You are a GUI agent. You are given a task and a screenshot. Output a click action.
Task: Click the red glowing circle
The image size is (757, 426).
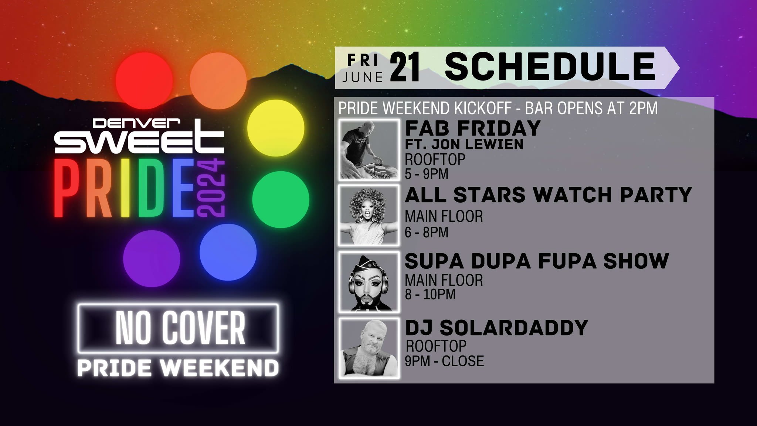click(x=142, y=80)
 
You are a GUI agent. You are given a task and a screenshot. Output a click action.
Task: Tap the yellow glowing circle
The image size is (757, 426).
click(x=275, y=128)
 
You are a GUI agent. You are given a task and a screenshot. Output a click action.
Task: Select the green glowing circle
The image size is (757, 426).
click(x=281, y=199)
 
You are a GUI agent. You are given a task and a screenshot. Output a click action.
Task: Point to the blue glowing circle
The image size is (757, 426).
click(x=228, y=252)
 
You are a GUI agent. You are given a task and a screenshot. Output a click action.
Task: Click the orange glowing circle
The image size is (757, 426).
click(x=218, y=80)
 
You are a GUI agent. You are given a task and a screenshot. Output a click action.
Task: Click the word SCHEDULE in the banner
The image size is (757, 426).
click(x=549, y=67)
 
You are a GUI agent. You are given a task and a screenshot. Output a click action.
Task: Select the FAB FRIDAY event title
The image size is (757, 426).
click(x=473, y=128)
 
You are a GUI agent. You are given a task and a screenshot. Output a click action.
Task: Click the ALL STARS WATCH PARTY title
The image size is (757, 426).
click(x=548, y=195)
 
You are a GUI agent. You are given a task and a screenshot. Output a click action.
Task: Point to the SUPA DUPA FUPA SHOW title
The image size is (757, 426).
click(x=537, y=261)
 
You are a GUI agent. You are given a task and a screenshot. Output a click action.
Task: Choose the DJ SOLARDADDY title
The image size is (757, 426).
click(x=496, y=327)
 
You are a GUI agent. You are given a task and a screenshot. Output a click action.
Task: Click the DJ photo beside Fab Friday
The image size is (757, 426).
click(x=369, y=150)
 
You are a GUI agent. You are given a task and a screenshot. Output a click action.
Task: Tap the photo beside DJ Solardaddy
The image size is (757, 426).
click(x=369, y=348)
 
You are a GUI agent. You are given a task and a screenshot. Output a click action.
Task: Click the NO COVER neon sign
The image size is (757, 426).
click(x=178, y=328)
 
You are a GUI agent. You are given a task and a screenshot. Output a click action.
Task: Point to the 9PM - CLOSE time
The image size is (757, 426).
click(x=444, y=361)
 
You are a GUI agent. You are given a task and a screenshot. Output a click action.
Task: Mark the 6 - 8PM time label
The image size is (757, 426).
click(x=426, y=232)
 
